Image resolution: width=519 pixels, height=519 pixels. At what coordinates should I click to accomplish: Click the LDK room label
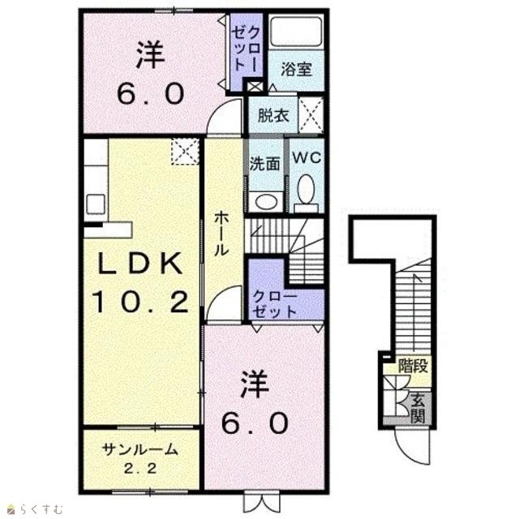point(139,264)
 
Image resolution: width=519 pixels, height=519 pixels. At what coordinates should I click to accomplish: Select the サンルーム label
point(140,450)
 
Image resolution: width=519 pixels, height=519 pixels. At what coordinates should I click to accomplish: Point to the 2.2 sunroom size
point(140,469)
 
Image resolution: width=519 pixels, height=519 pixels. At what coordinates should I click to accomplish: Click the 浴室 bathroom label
point(297,70)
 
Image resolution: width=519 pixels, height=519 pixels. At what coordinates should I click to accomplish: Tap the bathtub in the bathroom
point(296,32)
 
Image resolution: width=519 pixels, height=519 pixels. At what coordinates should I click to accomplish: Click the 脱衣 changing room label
point(273,115)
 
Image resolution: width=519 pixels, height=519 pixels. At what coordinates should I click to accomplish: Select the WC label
point(307,157)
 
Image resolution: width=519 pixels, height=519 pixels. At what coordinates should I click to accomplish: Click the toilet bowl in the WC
point(306,189)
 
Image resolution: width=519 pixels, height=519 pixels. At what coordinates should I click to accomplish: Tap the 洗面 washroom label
point(265,164)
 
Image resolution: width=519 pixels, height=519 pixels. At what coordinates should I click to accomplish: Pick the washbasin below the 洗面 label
point(266,202)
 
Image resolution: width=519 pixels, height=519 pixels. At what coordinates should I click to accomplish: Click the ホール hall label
point(221,234)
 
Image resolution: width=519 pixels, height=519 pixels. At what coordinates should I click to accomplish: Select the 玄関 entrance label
point(418,410)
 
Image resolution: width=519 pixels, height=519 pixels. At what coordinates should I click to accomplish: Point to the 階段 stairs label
point(414,366)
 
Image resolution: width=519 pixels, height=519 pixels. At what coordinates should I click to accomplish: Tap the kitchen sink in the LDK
point(96,204)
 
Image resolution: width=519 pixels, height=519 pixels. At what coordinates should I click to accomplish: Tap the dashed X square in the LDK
point(185,152)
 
